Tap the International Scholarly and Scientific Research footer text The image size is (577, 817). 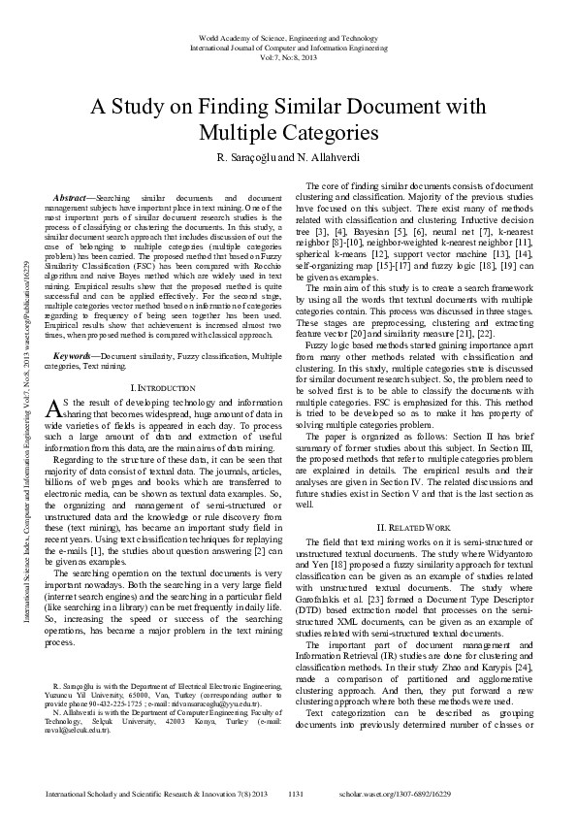(x=145, y=794)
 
